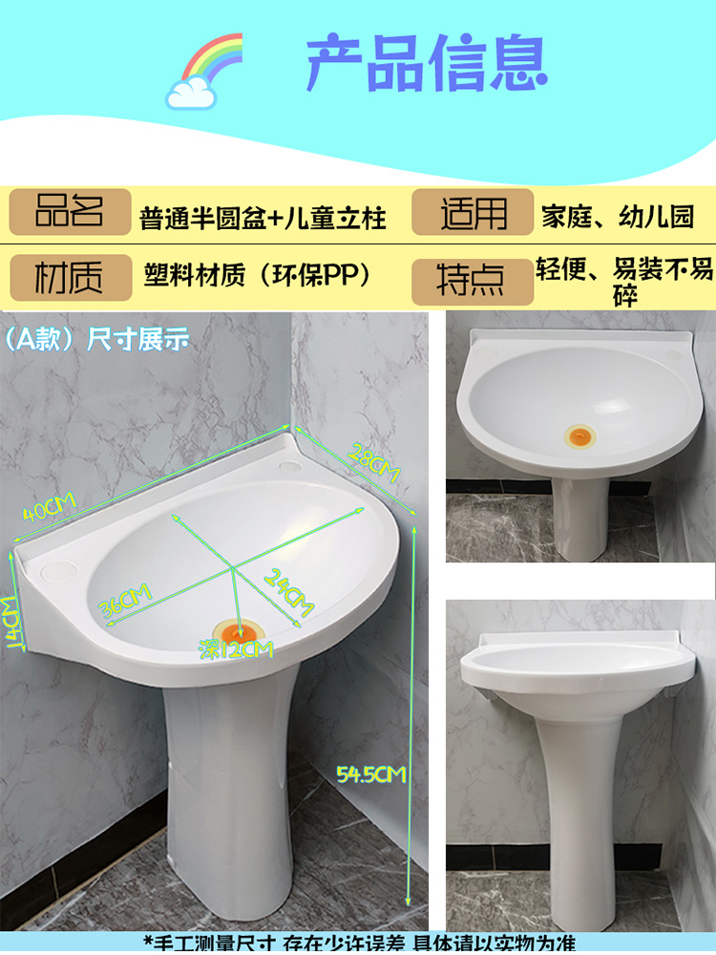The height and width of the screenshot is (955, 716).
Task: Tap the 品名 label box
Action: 70,212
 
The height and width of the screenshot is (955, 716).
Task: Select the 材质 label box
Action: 70,278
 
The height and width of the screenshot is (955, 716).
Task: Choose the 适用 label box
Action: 473,212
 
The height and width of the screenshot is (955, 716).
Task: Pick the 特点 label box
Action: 473,279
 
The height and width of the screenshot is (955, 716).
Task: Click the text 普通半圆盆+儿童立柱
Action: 263,218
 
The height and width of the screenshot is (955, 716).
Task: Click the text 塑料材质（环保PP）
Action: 257,275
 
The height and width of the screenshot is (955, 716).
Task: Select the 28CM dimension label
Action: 372,461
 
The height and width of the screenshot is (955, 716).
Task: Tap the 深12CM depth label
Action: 234,650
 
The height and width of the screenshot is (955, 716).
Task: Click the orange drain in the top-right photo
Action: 581,437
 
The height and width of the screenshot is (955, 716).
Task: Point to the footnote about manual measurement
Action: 359,943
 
